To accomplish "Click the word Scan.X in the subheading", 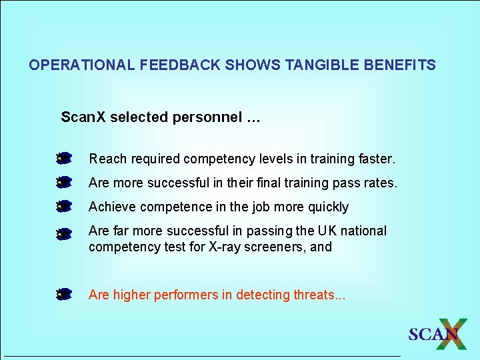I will click(x=83, y=117).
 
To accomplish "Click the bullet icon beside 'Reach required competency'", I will click(x=64, y=159).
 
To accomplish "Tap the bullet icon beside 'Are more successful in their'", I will click(x=64, y=182).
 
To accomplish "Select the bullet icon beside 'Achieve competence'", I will click(x=64, y=206).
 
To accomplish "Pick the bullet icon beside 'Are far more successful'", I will click(x=64, y=234).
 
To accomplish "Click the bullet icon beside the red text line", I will click(x=64, y=294).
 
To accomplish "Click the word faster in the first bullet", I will click(x=376, y=159).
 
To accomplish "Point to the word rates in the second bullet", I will click(x=381, y=183).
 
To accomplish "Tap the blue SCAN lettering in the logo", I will click(x=431, y=335).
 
